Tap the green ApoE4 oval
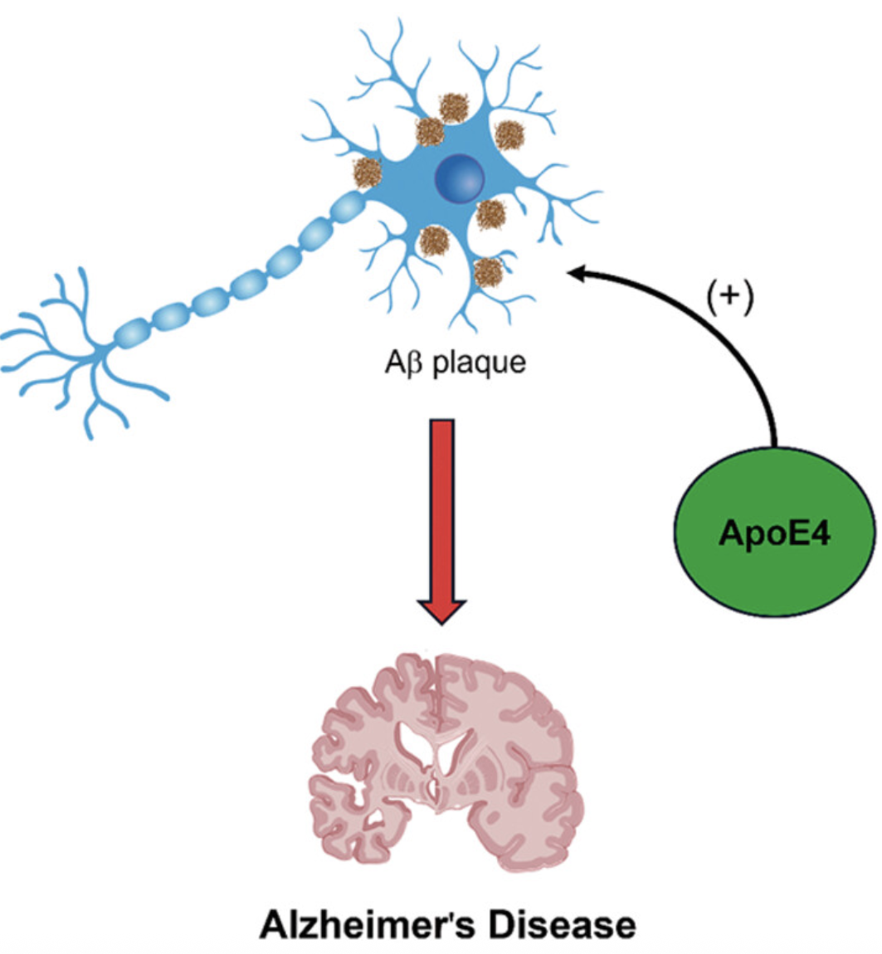[x=774, y=531]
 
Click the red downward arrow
[x=442, y=521]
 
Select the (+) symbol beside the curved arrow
[x=730, y=296]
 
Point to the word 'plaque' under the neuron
[x=479, y=364]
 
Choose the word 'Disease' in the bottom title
[x=562, y=924]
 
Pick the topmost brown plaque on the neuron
[x=454, y=109]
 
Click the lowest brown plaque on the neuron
[x=488, y=273]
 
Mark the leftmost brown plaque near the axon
[x=368, y=173]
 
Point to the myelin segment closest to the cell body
[x=346, y=207]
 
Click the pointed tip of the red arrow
[x=442, y=623]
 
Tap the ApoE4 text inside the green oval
[x=774, y=533]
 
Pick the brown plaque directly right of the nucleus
[x=490, y=215]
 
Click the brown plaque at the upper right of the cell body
[x=509, y=135]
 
